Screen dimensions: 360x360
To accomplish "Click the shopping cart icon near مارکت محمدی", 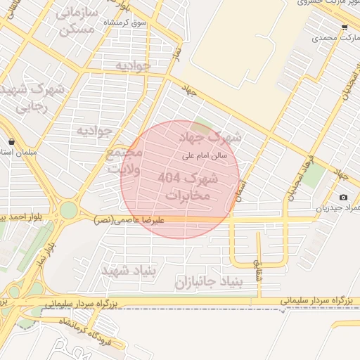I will [x=344, y=27].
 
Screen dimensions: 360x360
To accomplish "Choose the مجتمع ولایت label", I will [x=124, y=161].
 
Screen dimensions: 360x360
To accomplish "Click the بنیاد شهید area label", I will [x=127, y=271].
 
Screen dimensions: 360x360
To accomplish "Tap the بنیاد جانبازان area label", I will [x=207, y=282].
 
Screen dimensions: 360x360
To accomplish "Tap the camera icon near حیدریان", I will [x=343, y=198].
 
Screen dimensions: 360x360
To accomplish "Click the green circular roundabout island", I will [x=68, y=210].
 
